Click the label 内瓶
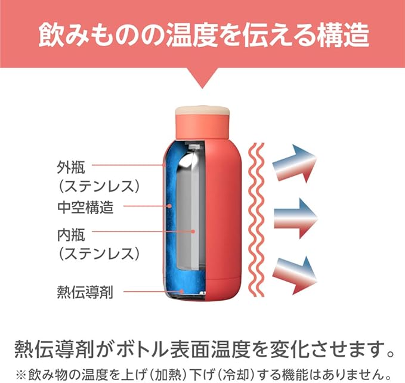pos(72,231)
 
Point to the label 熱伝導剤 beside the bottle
pos(84,292)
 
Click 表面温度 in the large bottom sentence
pos(230,347)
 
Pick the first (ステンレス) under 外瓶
pos(99,186)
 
